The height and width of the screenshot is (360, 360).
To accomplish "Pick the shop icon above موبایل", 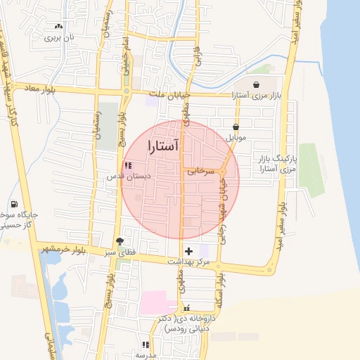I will [235, 127].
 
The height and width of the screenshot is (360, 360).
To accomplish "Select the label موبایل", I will [236, 137].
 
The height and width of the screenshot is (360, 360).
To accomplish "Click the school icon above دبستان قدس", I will [127, 165].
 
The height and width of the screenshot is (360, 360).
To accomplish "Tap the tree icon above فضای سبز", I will [127, 240].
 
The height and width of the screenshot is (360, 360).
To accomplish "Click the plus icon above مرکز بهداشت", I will [188, 250].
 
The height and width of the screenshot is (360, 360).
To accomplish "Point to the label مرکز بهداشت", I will [188, 262].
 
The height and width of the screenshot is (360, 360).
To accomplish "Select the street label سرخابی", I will [199, 170].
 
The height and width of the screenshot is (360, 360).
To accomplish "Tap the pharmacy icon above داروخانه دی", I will [186, 307].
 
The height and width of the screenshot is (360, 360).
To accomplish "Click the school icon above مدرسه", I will [146, 345].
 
